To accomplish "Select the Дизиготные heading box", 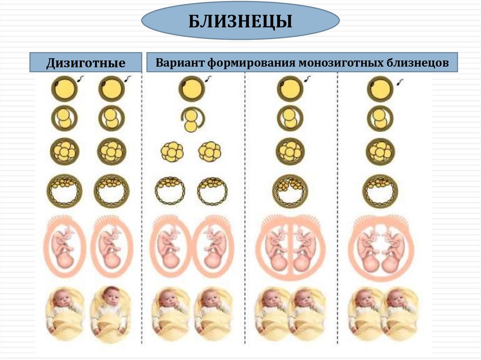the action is coord(85,63).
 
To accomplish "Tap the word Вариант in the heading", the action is coord(178,62).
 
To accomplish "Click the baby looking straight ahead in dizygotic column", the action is coord(111,310).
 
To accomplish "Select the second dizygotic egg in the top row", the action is coord(111,89).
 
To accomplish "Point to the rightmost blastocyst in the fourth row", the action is coord(380,191).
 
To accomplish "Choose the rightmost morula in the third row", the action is coord(380,151).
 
